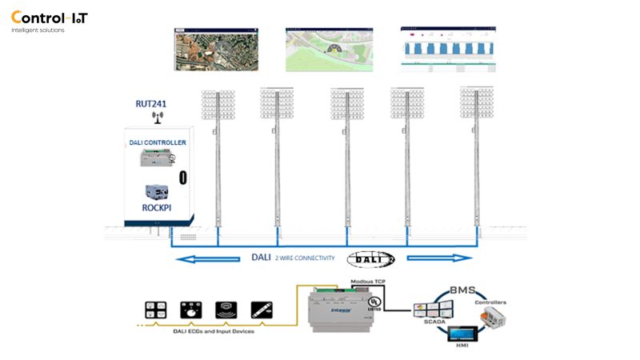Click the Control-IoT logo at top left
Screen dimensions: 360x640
pos(49,18)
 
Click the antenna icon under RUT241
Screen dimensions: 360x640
pos(157,118)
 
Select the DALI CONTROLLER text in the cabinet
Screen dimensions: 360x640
pos(158,142)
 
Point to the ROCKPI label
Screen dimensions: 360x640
pos(158,207)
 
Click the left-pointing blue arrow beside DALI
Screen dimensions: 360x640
pos(209,258)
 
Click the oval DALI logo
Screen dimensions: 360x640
pos(370,258)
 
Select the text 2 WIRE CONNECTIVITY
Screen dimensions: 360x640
pos(305,258)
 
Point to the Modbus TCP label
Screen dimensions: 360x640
pos(369,282)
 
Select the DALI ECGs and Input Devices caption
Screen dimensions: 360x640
pos(209,330)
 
